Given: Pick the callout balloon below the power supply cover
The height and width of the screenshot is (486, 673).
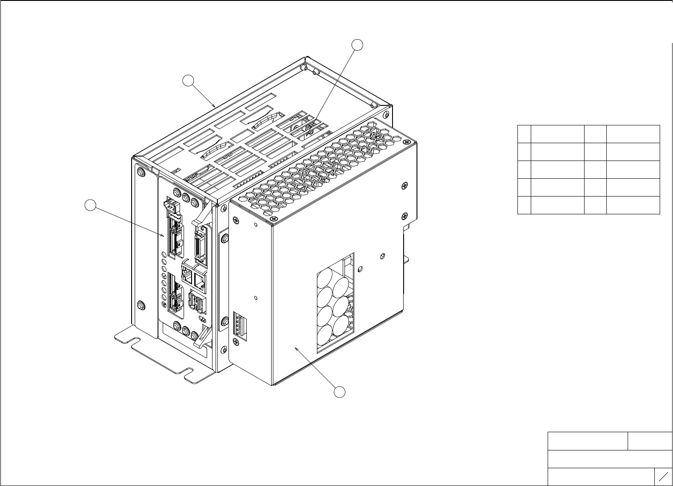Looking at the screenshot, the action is click(x=340, y=392).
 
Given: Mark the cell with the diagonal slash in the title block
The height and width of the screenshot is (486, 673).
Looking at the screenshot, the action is click(x=663, y=477).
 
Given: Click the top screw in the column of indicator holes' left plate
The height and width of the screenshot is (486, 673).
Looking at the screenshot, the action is click(x=141, y=173).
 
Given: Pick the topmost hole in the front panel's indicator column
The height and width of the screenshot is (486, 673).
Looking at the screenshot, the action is click(x=164, y=255).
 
